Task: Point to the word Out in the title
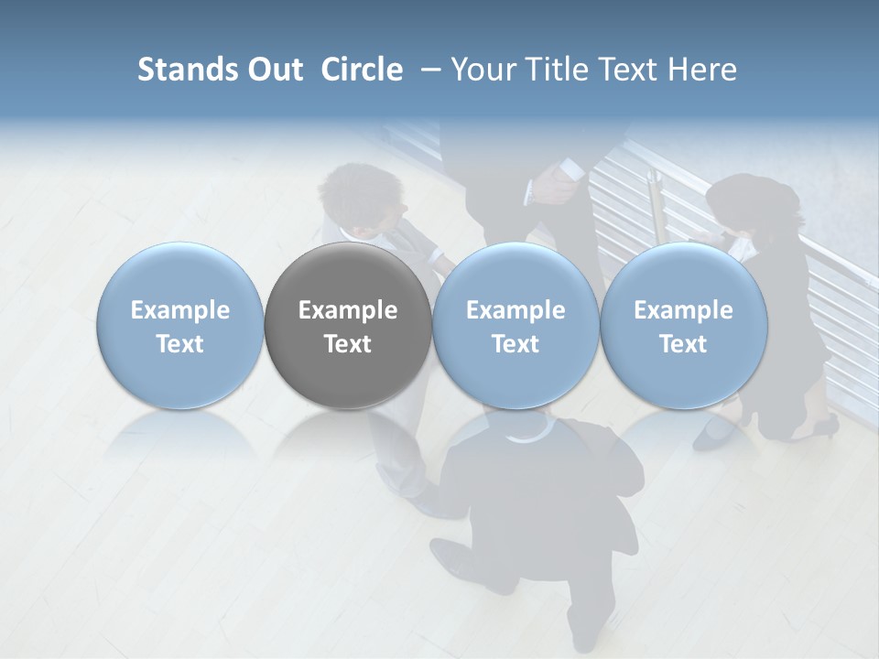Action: coord(274,70)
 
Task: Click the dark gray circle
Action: coord(348,326)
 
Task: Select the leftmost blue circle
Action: coord(180,326)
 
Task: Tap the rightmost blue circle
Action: coord(683,326)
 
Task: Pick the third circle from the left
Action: coord(515,326)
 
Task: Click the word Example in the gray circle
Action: coord(348,310)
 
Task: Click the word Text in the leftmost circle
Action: coord(180,344)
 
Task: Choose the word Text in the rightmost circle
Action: coord(683,344)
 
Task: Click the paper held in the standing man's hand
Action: coord(570,169)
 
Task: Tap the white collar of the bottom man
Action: coord(523,438)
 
